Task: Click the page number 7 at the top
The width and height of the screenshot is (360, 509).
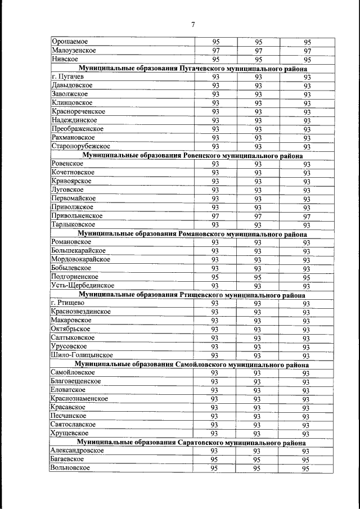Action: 192,24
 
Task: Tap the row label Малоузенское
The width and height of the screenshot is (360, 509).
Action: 73,50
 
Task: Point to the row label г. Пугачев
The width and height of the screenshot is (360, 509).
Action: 67,76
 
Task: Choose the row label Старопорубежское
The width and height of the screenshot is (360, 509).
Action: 80,146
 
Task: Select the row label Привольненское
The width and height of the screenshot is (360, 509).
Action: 76,215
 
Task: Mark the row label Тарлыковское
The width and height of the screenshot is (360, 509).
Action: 73,224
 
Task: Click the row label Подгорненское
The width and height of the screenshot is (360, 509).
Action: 75,277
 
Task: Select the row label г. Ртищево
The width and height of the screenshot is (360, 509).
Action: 67,303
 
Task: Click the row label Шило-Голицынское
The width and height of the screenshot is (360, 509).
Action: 82,355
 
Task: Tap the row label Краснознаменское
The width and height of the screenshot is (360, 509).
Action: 79,398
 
